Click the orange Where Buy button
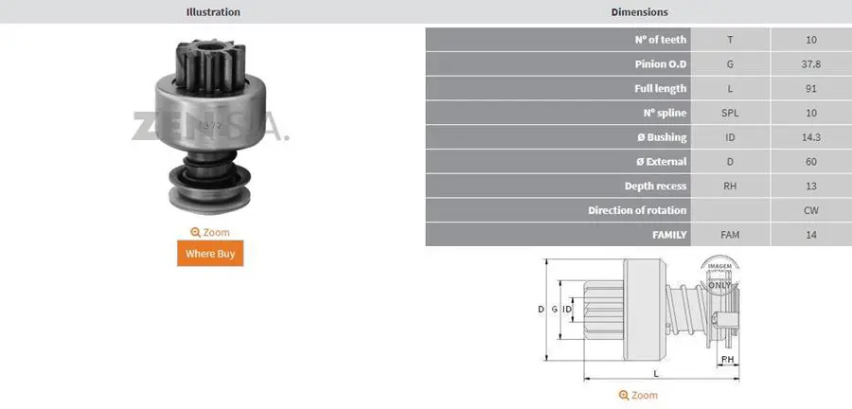[210, 253]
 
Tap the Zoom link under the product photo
[210, 233]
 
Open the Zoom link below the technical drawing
[638, 395]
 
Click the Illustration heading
[213, 11]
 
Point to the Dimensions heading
[640, 11]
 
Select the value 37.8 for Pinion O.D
[810, 64]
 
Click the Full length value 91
[810, 89]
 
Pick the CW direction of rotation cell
[810, 210]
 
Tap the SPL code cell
[730, 113]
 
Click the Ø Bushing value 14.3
[810, 137]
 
